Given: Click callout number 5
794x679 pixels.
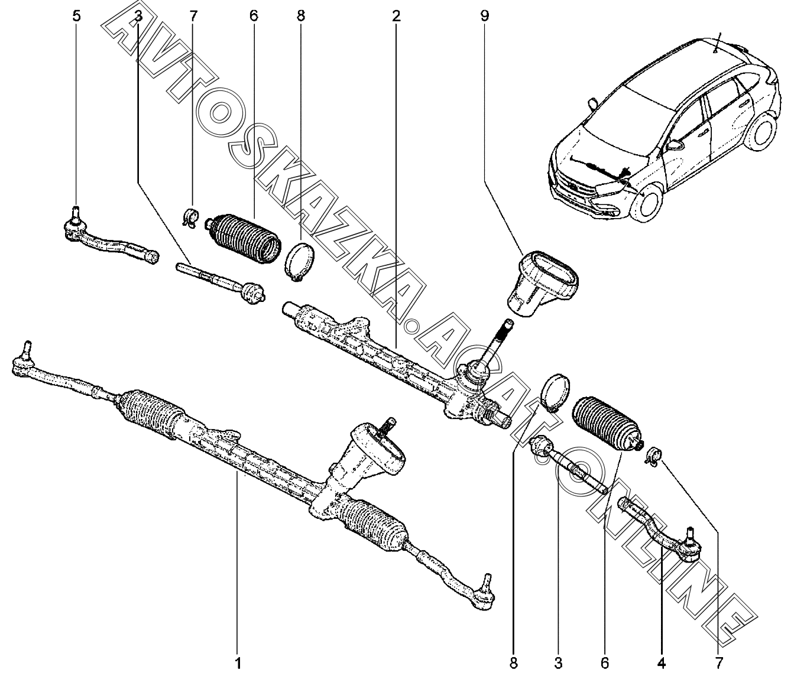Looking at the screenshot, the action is click(76, 16).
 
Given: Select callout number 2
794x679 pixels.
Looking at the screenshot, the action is click(396, 16).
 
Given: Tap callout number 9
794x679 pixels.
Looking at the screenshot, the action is click(484, 16).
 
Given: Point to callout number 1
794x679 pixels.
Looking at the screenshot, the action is click(238, 663).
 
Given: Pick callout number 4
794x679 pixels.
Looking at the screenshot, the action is click(662, 663).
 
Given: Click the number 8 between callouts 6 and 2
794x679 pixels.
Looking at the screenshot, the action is click(301, 16).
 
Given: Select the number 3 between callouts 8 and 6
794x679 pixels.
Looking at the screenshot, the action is click(558, 663).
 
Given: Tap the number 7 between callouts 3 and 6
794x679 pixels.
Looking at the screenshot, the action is click(193, 16).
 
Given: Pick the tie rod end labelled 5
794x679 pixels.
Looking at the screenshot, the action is click(110, 238).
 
